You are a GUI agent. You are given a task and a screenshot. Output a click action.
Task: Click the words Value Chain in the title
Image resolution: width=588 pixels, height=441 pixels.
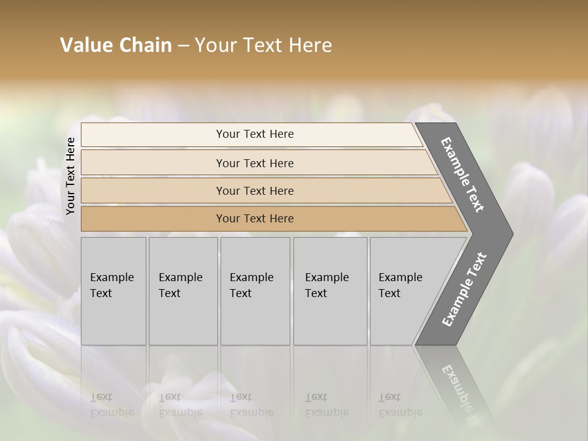coord(116,45)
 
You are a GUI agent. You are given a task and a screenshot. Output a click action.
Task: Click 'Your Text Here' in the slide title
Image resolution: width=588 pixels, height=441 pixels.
coord(263,45)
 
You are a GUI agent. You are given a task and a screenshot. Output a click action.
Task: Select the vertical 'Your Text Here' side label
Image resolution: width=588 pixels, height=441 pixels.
coord(70,176)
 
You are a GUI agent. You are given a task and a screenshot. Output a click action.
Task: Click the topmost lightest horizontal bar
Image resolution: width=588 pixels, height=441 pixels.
coord(254,134)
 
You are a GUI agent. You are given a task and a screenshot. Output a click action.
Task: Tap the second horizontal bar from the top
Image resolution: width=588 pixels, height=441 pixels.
coord(254,163)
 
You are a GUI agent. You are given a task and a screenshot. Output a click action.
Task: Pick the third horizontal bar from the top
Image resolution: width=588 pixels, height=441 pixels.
coord(254,190)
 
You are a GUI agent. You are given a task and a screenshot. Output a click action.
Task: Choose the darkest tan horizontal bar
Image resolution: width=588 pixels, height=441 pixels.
coord(254,219)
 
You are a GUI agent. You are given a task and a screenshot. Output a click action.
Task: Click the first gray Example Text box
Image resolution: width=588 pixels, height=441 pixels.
coord(113,290)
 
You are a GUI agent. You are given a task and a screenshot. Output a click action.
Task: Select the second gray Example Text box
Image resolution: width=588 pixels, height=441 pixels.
coord(183,290)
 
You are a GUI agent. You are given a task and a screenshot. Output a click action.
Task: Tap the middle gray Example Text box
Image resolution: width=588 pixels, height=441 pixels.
coord(255,290)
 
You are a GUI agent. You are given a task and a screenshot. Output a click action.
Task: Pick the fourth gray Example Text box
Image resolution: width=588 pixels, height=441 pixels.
coord(330,290)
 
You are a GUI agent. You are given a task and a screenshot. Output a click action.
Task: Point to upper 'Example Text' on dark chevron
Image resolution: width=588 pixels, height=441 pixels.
coord(463,175)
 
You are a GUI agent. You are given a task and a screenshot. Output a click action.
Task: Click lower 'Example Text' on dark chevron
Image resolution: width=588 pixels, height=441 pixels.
coord(464,290)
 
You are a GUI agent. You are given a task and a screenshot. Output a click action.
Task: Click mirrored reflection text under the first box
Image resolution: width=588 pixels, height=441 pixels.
coord(112,405)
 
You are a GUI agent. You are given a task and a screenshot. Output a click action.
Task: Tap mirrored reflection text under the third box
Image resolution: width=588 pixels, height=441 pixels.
coord(251,405)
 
